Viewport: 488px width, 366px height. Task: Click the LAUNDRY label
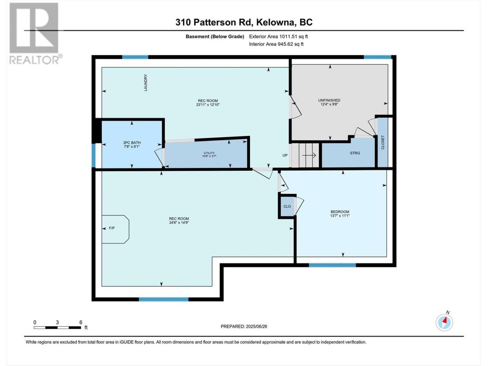[x=146, y=82]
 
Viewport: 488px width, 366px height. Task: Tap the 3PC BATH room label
[x=132, y=143]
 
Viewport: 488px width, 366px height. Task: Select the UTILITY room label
[x=209, y=153]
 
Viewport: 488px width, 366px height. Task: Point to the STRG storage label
[x=355, y=153]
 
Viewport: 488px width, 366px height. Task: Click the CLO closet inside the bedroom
[x=287, y=206]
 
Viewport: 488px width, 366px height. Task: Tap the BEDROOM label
[x=340, y=212]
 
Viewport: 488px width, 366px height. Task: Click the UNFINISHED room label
[x=329, y=100]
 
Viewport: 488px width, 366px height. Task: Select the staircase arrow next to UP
[x=309, y=155]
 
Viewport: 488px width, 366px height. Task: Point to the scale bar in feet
[x=57, y=327]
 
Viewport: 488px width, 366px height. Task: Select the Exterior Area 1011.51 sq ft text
[x=278, y=37]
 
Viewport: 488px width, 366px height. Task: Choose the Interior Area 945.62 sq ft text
[x=276, y=44]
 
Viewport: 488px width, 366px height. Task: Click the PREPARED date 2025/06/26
[x=244, y=326]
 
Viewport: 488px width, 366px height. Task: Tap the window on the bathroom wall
[x=94, y=155]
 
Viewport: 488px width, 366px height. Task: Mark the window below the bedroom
[x=332, y=265]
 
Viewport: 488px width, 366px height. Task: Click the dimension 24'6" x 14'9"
[x=179, y=222]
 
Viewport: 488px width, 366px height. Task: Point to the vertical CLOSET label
[x=383, y=142]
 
